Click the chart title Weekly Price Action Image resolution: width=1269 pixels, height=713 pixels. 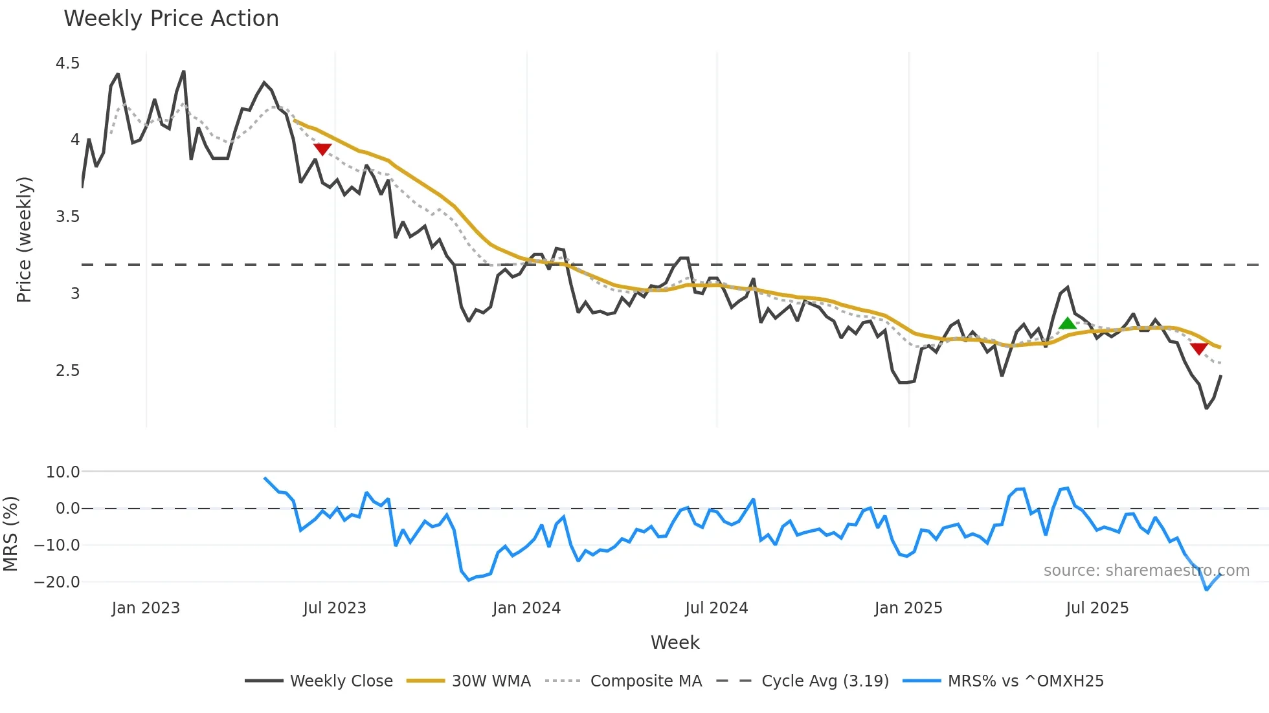pos(171,19)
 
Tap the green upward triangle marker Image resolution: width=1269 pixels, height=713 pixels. pos(1067,324)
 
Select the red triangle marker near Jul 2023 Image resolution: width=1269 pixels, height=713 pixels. pos(322,149)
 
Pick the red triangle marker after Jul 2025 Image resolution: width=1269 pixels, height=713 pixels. pos(1198,349)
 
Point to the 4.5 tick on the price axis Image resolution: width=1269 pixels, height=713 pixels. pos(67,63)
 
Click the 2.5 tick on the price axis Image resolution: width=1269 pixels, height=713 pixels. pos(67,371)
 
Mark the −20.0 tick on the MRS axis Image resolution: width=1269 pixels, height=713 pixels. pos(57,582)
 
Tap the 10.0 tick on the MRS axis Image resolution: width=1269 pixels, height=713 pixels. pos(63,472)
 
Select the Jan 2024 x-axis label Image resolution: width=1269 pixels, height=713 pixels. pos(526,608)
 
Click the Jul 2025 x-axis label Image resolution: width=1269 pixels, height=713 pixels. pos(1097,608)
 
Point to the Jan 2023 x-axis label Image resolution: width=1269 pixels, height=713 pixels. pos(146,608)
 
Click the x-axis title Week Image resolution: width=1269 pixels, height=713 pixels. pos(675,642)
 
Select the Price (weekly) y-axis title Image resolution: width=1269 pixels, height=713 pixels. pos(24,239)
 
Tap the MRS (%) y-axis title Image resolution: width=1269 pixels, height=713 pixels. pos(10,534)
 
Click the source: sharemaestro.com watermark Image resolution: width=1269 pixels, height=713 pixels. pos(1146,571)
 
